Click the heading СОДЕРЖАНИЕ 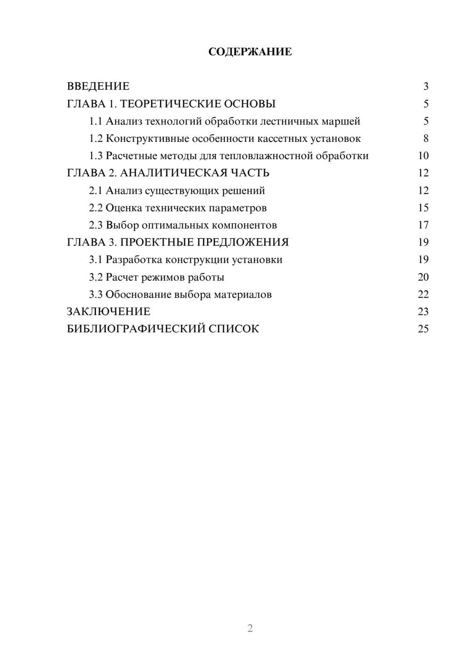pos(250,52)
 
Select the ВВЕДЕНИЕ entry pos(98,86)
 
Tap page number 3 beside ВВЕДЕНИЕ pos(425,86)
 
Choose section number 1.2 pos(96,139)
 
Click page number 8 pos(425,139)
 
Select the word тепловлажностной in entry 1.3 pos(265,156)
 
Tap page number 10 pos(423,156)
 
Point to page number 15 pos(423,208)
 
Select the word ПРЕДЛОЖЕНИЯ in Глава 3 pos(242,242)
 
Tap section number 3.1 pos(96,260)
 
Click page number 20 pos(423,277)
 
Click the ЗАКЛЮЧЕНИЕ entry pos(108,311)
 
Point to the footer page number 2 pos(250,628)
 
